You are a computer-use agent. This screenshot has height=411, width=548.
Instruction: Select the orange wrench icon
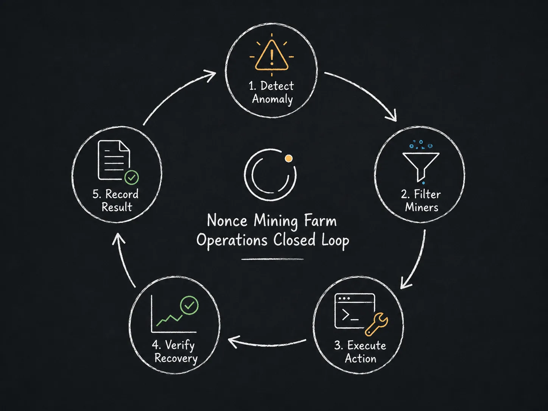(376, 324)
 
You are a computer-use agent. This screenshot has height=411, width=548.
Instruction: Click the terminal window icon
(355, 311)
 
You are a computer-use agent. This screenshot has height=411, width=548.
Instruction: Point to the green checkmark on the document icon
(132, 177)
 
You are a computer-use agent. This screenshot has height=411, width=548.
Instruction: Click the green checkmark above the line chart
(189, 305)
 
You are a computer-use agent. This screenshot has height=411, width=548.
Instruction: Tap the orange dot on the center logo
(289, 159)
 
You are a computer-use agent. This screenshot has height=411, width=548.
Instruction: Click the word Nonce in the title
(227, 221)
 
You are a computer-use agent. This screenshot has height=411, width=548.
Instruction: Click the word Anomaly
(272, 99)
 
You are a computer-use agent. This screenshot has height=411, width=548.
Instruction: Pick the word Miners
(422, 207)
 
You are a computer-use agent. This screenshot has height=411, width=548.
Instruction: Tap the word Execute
(366, 346)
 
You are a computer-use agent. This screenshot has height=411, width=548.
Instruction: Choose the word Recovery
(176, 358)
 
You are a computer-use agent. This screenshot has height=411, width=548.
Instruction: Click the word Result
(117, 207)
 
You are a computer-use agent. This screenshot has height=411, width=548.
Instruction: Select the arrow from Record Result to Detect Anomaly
(175, 93)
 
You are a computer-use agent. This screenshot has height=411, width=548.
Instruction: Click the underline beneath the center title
(272, 259)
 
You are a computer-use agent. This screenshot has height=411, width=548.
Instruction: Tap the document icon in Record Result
(114, 160)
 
